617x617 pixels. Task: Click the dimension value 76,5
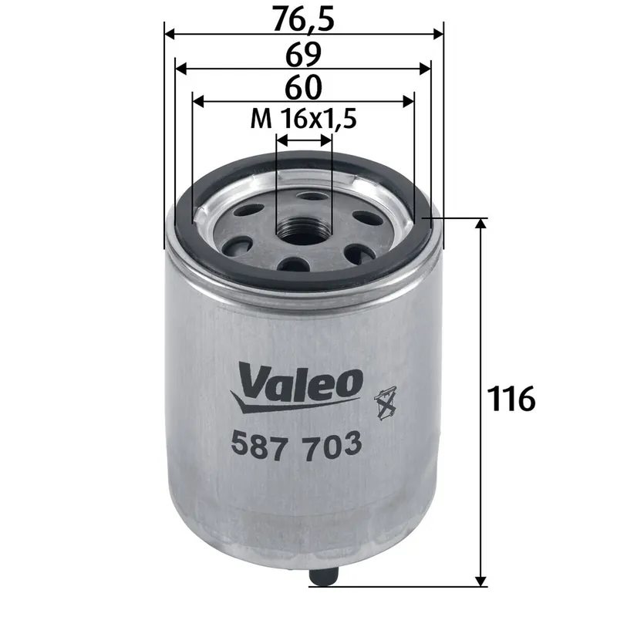coord(304,19)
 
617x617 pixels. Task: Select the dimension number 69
coord(303,55)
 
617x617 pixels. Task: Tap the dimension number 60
coord(303,87)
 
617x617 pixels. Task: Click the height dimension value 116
coord(511,399)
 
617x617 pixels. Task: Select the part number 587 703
coord(296,445)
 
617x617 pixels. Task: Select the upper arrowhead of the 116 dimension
coord(481,224)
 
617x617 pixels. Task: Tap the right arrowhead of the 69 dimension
coord(426,69)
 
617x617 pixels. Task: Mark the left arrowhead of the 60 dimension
coord(198,101)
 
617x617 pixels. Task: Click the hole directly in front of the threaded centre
coord(295,265)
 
